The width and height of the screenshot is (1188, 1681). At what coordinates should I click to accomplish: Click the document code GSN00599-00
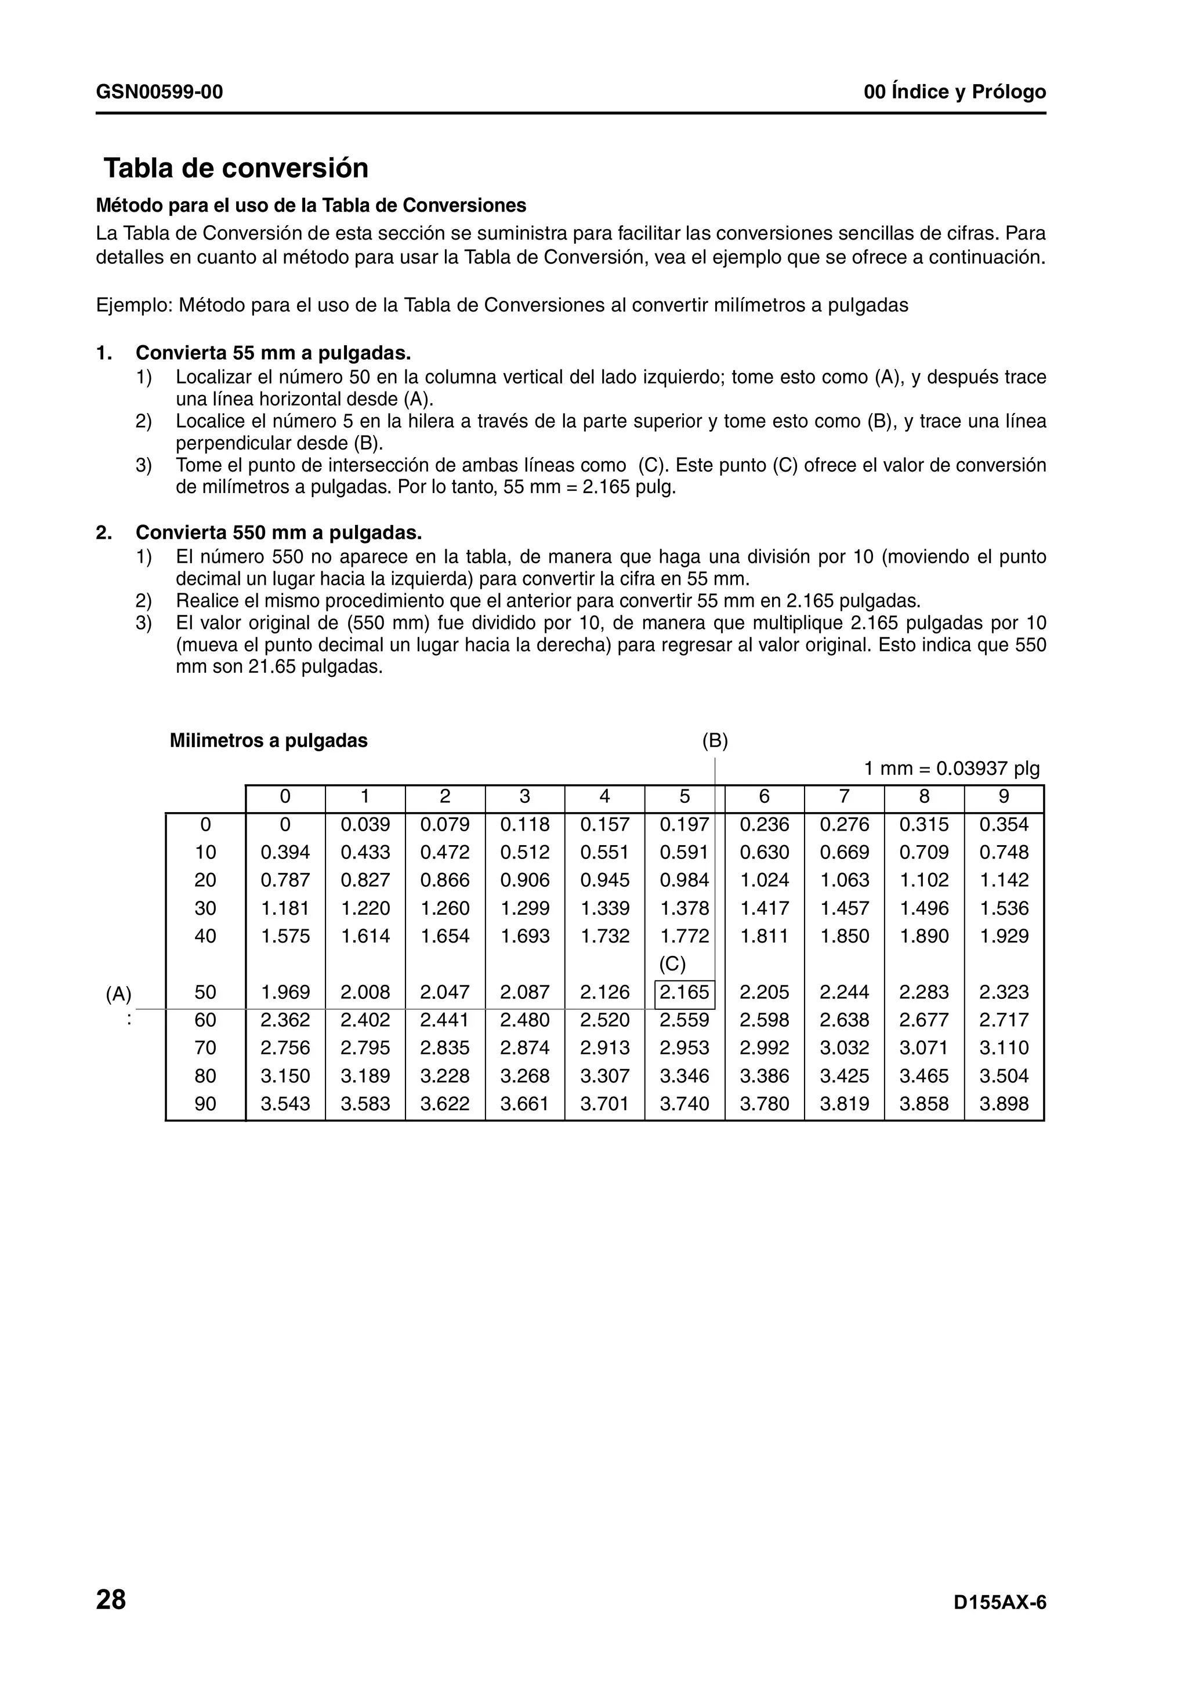coord(159,92)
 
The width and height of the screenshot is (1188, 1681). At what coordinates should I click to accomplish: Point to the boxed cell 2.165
coord(684,993)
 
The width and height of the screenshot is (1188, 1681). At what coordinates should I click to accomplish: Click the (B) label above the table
coord(715,741)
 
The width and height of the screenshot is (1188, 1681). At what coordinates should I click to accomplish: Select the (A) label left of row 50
coord(118,994)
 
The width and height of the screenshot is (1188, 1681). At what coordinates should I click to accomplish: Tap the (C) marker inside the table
coord(672,964)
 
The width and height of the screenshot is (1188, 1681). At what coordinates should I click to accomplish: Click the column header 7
coord(844,796)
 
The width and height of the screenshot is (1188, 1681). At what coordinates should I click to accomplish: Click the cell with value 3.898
coord(1004,1104)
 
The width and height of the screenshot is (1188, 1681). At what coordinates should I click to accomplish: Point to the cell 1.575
coord(285,936)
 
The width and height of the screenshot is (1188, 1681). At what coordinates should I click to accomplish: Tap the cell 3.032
coord(844,1048)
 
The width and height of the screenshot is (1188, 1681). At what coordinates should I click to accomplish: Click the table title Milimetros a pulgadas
coord(269,741)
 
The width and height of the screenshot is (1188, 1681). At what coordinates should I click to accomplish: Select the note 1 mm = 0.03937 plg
coord(951,769)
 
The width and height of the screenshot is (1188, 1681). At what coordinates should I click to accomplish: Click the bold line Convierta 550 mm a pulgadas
coord(278,532)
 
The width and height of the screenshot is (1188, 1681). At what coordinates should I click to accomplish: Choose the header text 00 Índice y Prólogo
coord(954,92)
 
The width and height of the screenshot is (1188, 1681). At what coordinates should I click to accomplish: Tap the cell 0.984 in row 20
coord(684,881)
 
